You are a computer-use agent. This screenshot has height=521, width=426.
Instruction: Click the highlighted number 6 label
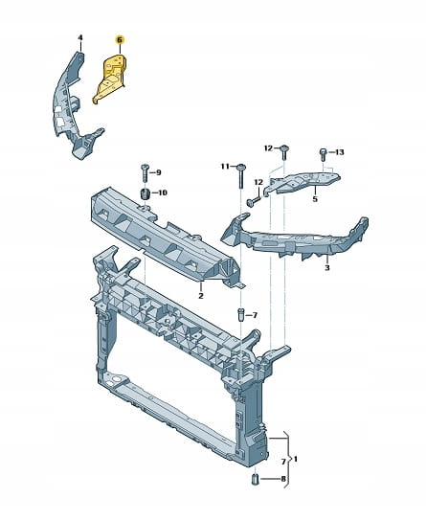120,40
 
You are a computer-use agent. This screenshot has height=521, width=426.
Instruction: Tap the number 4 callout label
80,37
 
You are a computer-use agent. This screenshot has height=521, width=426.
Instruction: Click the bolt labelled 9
145,172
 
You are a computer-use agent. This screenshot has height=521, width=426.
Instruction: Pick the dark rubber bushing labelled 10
146,193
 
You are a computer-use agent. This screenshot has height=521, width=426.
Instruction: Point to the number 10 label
163,193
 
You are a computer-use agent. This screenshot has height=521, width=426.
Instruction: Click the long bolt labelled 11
240,175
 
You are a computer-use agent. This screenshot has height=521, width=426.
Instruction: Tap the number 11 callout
226,166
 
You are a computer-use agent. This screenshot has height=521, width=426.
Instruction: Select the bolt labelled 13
323,155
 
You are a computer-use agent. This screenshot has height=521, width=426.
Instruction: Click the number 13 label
339,152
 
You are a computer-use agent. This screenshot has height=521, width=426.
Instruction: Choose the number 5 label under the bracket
315,199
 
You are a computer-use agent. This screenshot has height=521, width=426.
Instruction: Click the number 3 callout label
327,268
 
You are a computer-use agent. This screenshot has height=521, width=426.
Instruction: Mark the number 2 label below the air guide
200,295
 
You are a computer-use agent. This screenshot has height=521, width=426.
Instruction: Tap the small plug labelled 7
241,315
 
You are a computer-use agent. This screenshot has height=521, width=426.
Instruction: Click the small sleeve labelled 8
255,479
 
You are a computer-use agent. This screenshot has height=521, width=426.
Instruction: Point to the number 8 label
283,479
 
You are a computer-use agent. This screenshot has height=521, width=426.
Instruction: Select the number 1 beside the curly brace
296,460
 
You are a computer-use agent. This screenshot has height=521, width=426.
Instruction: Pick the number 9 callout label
158,172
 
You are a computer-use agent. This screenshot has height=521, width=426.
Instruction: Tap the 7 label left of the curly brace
283,462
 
